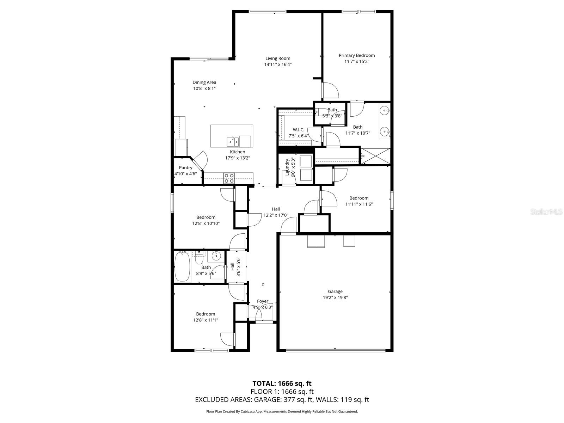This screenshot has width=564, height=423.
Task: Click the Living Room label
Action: (x=278, y=59)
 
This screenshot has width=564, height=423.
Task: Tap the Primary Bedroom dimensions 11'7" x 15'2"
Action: (x=357, y=61)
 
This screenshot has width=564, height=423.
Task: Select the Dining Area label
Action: (x=204, y=82)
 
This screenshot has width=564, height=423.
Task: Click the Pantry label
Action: (x=185, y=168)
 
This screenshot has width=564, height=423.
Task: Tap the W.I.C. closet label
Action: (x=298, y=130)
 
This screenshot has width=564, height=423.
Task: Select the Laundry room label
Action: (x=287, y=167)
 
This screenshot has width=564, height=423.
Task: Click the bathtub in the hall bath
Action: (x=182, y=267)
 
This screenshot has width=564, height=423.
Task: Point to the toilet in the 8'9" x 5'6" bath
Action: (x=199, y=259)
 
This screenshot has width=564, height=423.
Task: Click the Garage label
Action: (x=335, y=292)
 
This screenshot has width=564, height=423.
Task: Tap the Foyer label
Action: (x=263, y=301)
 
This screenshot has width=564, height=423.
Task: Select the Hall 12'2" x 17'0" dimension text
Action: (x=276, y=215)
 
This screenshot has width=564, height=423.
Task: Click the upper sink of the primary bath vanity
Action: (x=385, y=110)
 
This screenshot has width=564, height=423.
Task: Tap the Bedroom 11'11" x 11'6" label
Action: (x=359, y=198)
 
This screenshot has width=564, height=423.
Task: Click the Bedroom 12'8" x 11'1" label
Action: (x=206, y=314)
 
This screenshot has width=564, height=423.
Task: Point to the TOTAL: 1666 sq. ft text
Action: (x=282, y=383)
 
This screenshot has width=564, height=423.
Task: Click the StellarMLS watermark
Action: (x=546, y=212)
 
